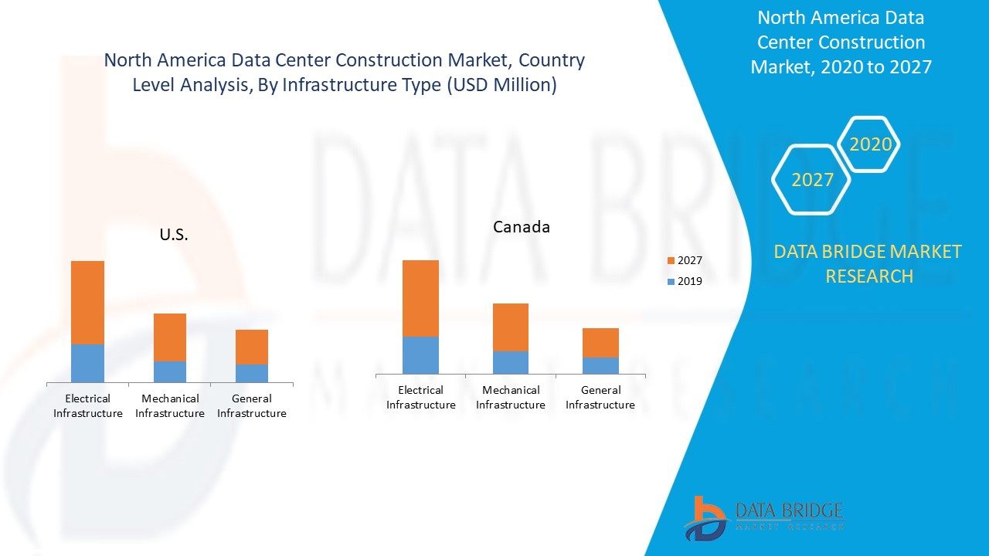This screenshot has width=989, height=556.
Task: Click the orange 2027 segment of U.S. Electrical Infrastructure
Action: pos(87,302)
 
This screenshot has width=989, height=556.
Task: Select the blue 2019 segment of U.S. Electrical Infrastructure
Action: pos(87,363)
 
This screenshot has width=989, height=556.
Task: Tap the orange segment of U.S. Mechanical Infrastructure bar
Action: pos(169,337)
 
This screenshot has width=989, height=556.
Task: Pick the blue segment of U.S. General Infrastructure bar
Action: pos(251,373)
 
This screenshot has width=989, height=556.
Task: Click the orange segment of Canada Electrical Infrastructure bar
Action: pos(420,298)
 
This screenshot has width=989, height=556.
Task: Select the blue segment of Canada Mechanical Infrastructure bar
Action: pos(510,362)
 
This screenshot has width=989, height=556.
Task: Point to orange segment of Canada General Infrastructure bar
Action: pos(600,342)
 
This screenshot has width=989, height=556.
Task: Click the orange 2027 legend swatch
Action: pos(671,261)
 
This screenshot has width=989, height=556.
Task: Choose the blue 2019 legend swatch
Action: pos(671,281)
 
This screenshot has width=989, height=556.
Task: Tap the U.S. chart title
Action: pos(174,235)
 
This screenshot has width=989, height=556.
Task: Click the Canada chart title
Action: pos(522,227)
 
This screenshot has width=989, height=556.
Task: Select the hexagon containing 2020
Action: pos(869,144)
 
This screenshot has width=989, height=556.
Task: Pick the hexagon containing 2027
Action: pos(811,180)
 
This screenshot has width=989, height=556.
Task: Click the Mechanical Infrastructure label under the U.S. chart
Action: pos(169,406)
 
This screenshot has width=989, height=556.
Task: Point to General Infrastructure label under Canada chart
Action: pos(600,398)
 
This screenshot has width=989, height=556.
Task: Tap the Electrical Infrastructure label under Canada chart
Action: pos(420,398)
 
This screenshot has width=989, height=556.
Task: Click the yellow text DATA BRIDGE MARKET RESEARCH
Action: pos(868,263)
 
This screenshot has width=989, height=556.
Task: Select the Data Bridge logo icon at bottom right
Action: pos(705,518)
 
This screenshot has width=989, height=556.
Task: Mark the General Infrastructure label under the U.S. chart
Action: pos(251,406)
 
